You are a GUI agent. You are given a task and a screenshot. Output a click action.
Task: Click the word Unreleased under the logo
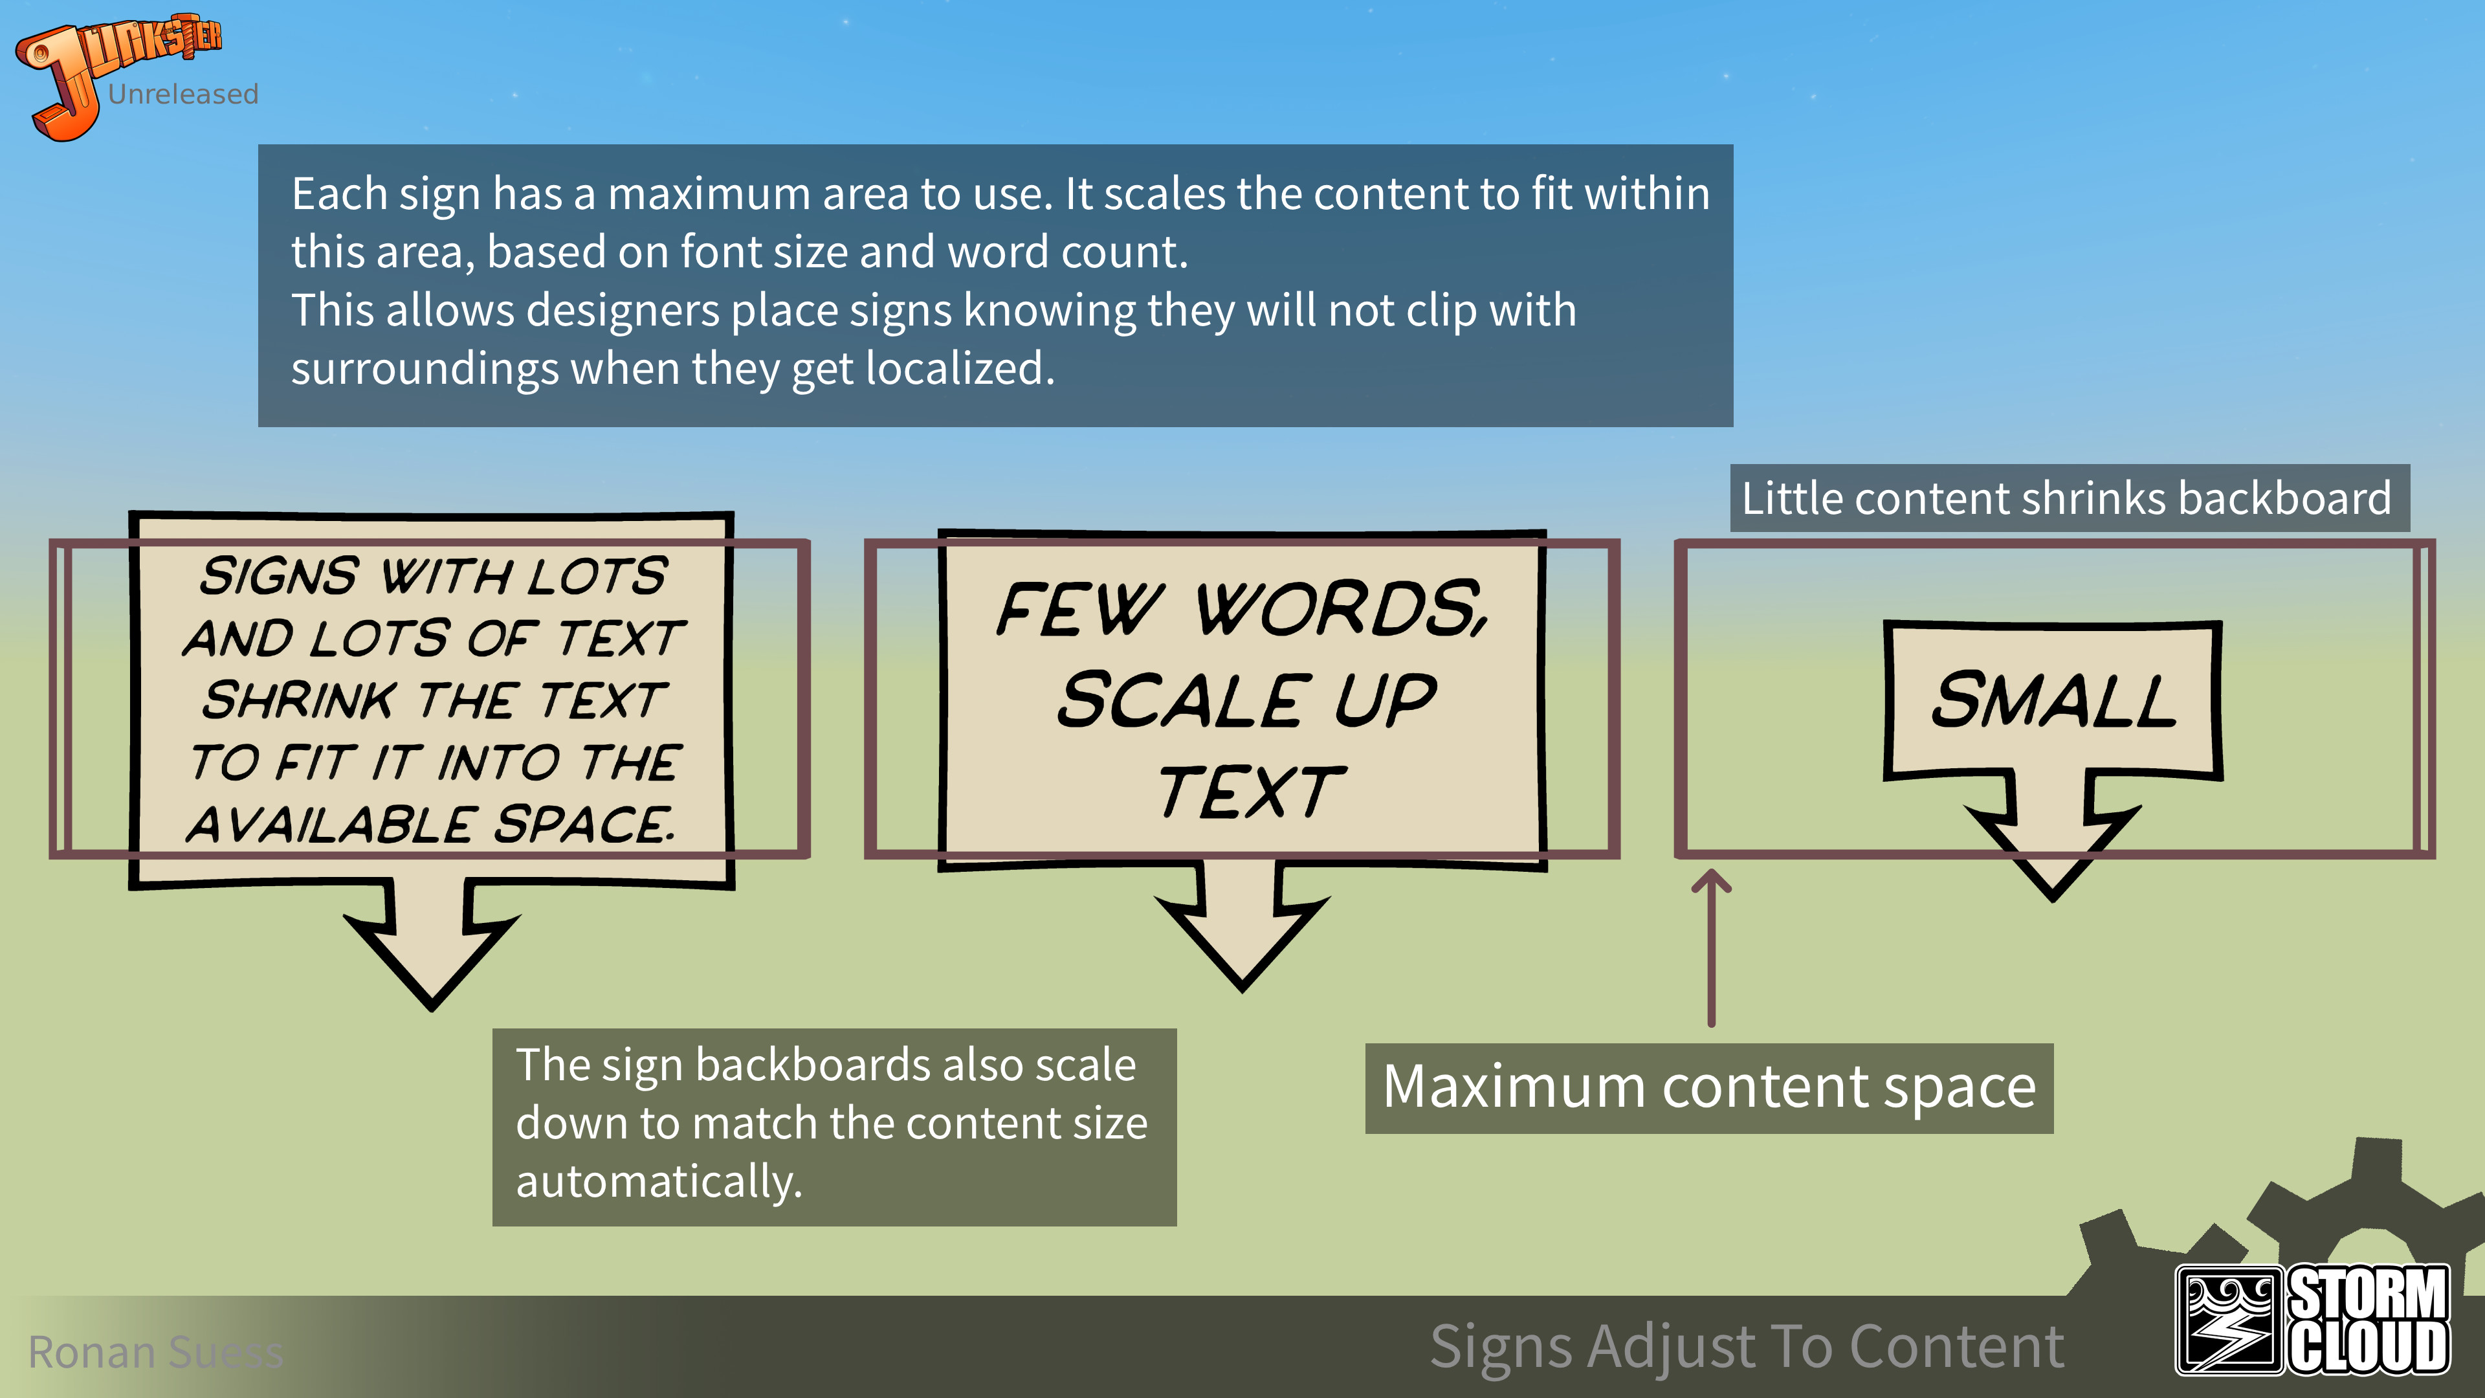click(183, 94)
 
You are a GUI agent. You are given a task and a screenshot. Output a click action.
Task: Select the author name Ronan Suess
click(155, 1351)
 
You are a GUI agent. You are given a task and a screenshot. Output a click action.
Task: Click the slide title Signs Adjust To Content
click(1746, 1346)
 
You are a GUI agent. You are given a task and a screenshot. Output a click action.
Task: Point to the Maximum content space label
click(1708, 1087)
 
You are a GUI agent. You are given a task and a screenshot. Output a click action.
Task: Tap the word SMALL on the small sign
click(2053, 700)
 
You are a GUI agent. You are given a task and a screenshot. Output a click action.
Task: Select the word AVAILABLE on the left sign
click(331, 825)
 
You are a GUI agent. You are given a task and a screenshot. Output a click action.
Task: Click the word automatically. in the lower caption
click(659, 1182)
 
